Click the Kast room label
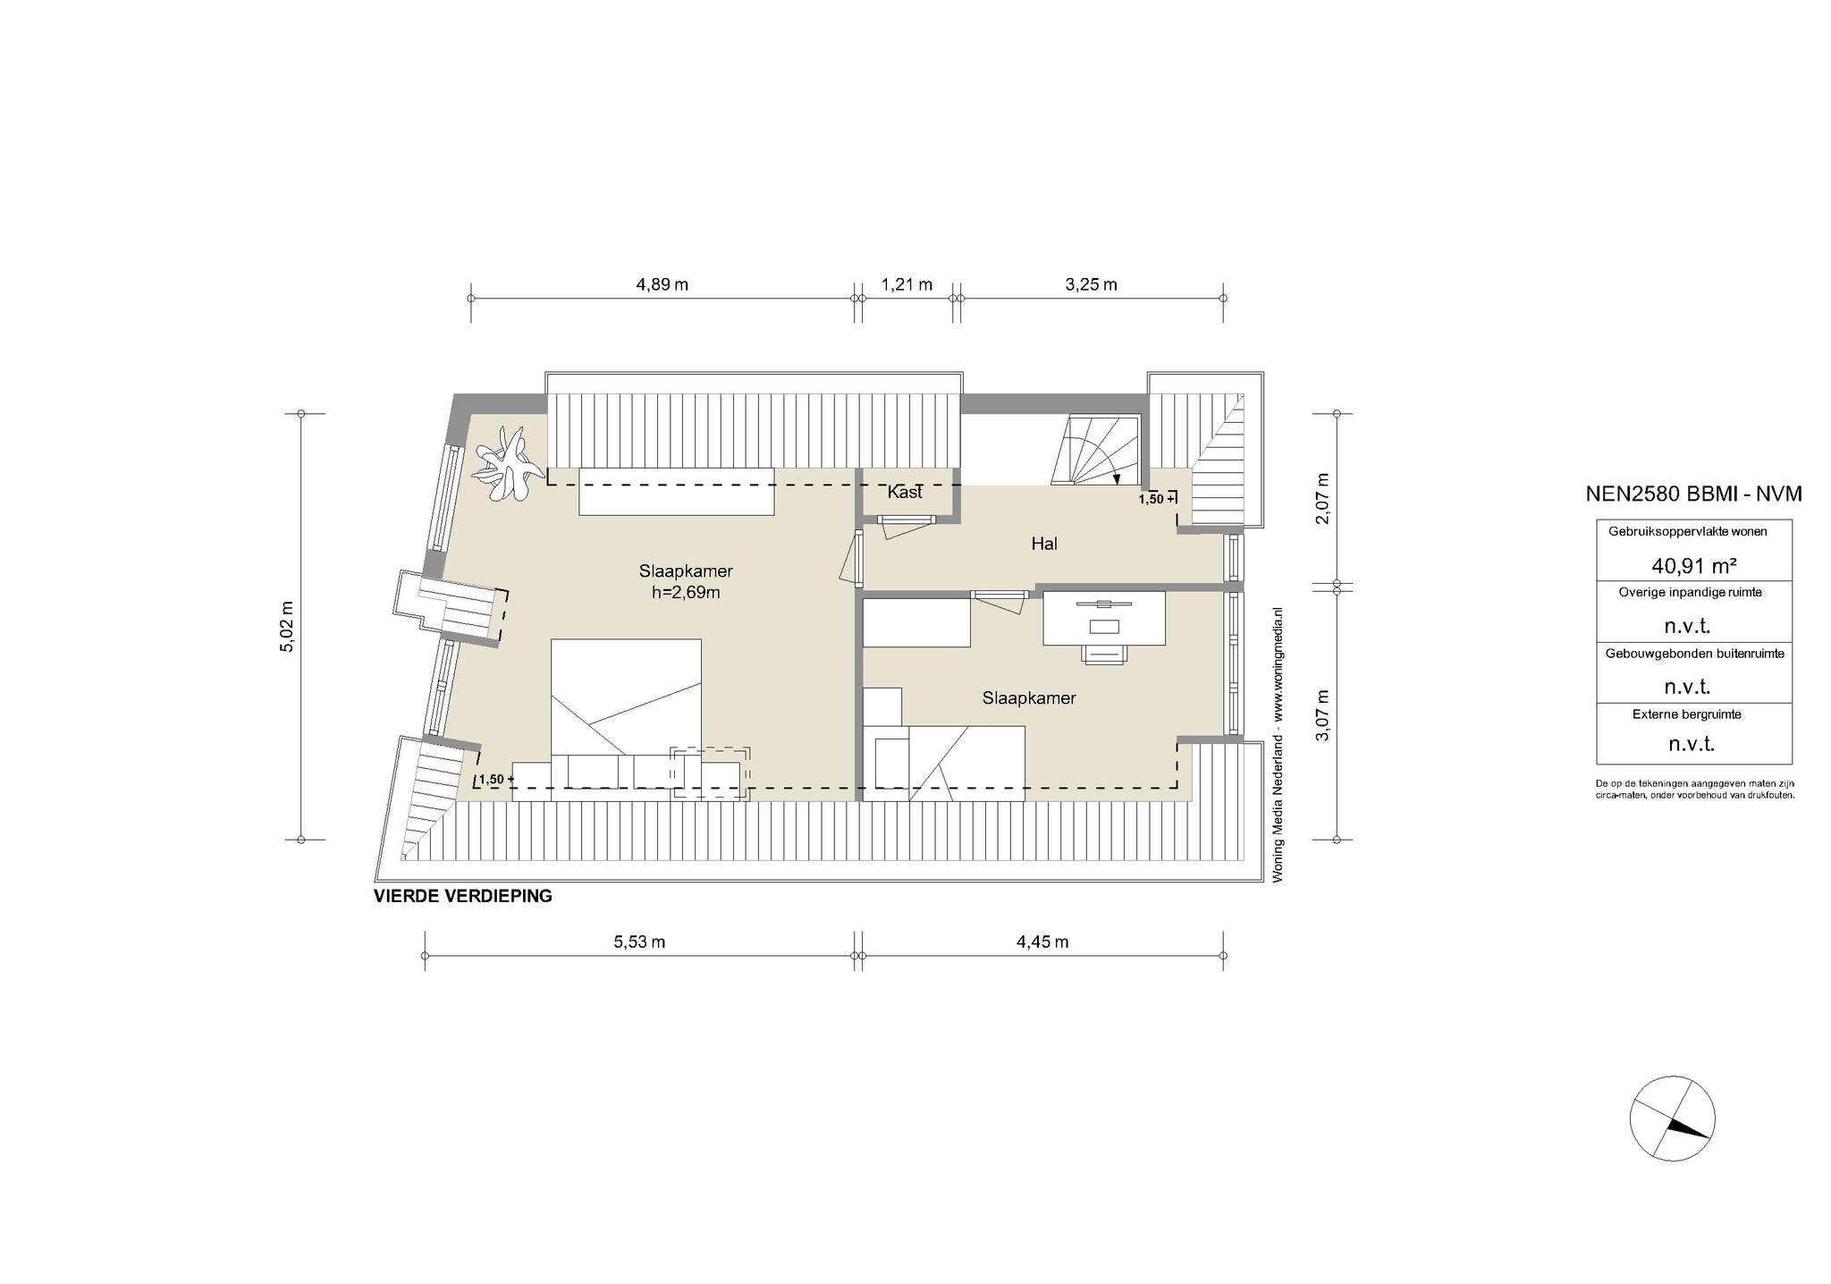point(905,492)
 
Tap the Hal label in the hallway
point(1044,543)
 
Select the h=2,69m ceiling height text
point(686,592)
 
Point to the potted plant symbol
point(509,463)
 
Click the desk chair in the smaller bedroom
point(1105,654)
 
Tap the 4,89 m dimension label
point(662,284)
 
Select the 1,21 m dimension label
point(907,284)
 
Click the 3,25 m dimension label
point(1091,284)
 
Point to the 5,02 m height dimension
point(288,626)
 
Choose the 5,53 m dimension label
point(639,942)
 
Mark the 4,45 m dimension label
point(1042,942)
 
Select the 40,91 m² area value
point(1693,565)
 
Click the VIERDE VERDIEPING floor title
point(463,896)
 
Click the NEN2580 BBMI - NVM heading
point(1693,494)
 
